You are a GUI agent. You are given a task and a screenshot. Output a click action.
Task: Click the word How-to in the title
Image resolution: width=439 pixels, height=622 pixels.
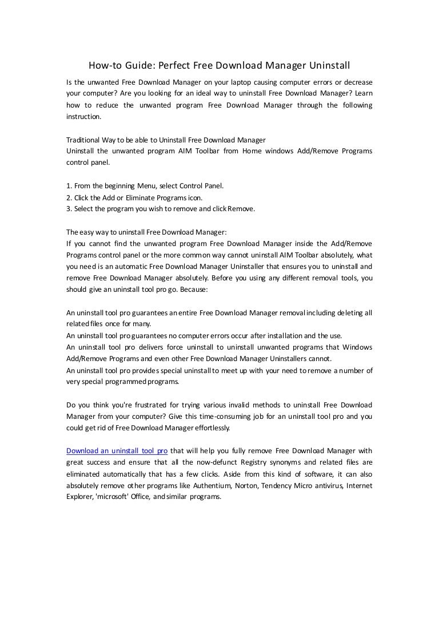pyautogui.click(x=102, y=65)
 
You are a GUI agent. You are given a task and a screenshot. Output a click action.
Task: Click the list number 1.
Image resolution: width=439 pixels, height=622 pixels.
pyautogui.click(x=68, y=186)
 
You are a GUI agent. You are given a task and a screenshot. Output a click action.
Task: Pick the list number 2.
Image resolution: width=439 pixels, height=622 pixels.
pyautogui.click(x=68, y=197)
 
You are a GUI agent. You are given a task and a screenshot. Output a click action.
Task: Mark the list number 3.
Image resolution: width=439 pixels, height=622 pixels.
pyautogui.click(x=68, y=209)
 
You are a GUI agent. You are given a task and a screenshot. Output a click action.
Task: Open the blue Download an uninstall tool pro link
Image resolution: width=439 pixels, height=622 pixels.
pyautogui.click(x=117, y=451)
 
